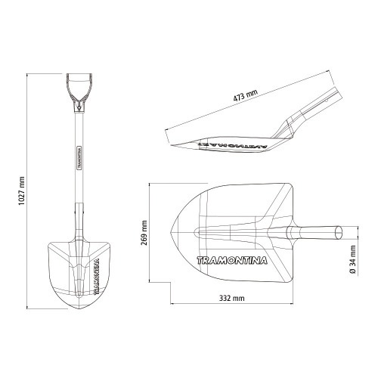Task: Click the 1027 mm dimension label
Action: coord(22,191)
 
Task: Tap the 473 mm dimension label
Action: coord(245,95)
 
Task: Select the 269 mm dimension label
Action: coord(144,233)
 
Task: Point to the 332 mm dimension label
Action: coord(231,299)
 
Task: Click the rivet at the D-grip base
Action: coord(79,108)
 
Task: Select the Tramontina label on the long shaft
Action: coord(79,157)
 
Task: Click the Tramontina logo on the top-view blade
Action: coord(231,260)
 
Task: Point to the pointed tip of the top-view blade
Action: coord(171,232)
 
